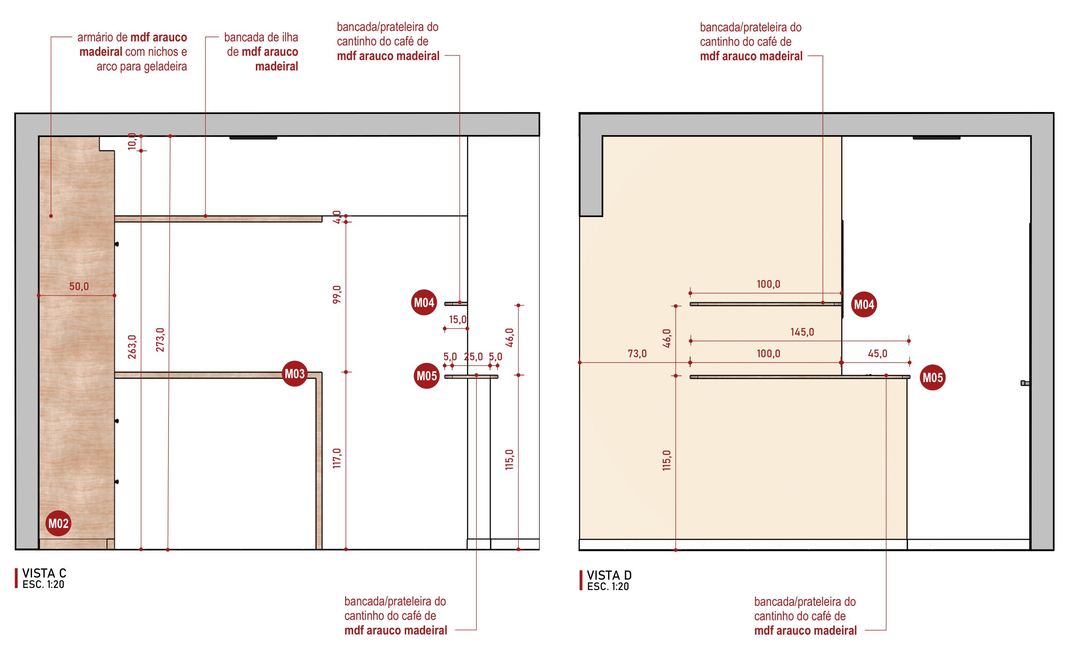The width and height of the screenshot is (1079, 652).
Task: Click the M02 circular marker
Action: [x=58, y=523]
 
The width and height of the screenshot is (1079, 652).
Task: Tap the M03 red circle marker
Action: [x=294, y=374]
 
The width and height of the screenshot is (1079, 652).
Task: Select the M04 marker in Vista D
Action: [x=864, y=304]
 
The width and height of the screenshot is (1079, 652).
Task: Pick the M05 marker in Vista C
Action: [x=427, y=376]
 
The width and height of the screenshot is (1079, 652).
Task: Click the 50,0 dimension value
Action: [x=79, y=287]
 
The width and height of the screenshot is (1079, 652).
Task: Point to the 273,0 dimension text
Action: [x=160, y=339]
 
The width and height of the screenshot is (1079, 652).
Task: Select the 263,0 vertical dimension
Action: [x=132, y=347]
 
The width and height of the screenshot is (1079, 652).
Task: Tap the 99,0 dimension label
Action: [x=337, y=294]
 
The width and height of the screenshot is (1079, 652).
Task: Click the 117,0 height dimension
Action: [x=337, y=458]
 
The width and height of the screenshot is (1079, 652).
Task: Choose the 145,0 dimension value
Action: [x=802, y=332]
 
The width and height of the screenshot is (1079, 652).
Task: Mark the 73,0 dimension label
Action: [x=637, y=354]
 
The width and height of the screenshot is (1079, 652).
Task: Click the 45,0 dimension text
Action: [x=877, y=354]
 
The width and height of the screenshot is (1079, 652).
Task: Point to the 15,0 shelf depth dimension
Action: [x=458, y=319]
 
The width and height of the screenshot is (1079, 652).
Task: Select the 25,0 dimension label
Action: [x=474, y=357]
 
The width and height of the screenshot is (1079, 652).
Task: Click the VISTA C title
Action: [x=44, y=573]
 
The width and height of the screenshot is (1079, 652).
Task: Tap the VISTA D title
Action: [x=609, y=575]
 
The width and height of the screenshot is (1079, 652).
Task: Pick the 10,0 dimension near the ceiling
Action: [x=132, y=142]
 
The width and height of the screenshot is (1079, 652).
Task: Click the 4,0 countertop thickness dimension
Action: [x=337, y=216]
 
